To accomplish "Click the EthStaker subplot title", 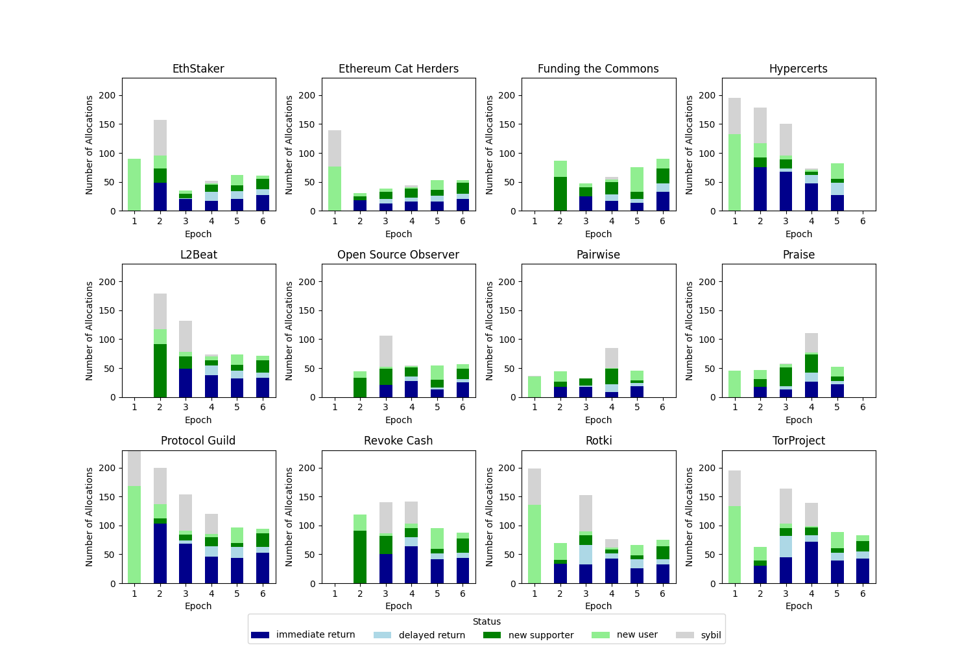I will click(198, 69).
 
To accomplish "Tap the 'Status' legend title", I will click(486, 622).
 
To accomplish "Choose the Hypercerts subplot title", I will click(798, 69).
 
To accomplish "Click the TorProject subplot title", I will click(799, 441).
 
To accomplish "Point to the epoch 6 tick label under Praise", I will click(863, 407).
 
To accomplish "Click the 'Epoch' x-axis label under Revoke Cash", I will click(398, 606).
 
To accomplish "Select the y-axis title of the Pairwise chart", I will click(490, 330).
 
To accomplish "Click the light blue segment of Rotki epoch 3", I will click(586, 555).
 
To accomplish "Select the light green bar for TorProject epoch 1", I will click(735, 544).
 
